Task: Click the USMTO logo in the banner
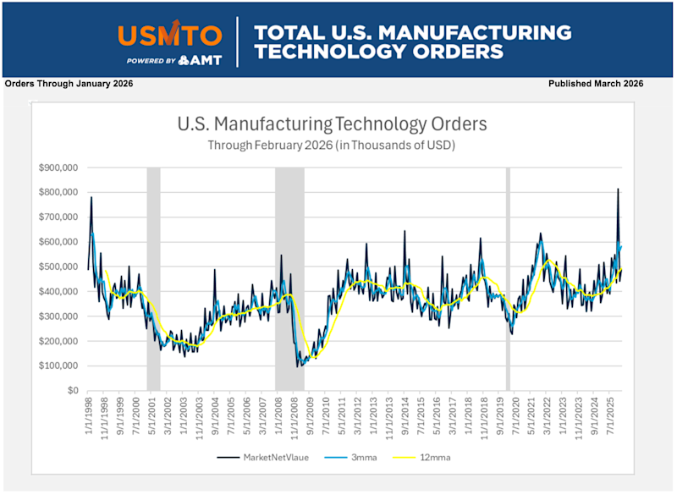[170, 36]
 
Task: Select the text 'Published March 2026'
[596, 84]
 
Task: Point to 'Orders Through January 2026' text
[69, 84]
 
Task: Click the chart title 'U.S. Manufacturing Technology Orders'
[332, 124]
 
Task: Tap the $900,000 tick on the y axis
[59, 168]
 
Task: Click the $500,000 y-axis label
[59, 267]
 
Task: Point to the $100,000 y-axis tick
[59, 366]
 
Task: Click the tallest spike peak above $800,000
[618, 189]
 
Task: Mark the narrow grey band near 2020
[508, 279]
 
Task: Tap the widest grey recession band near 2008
[289, 279]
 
